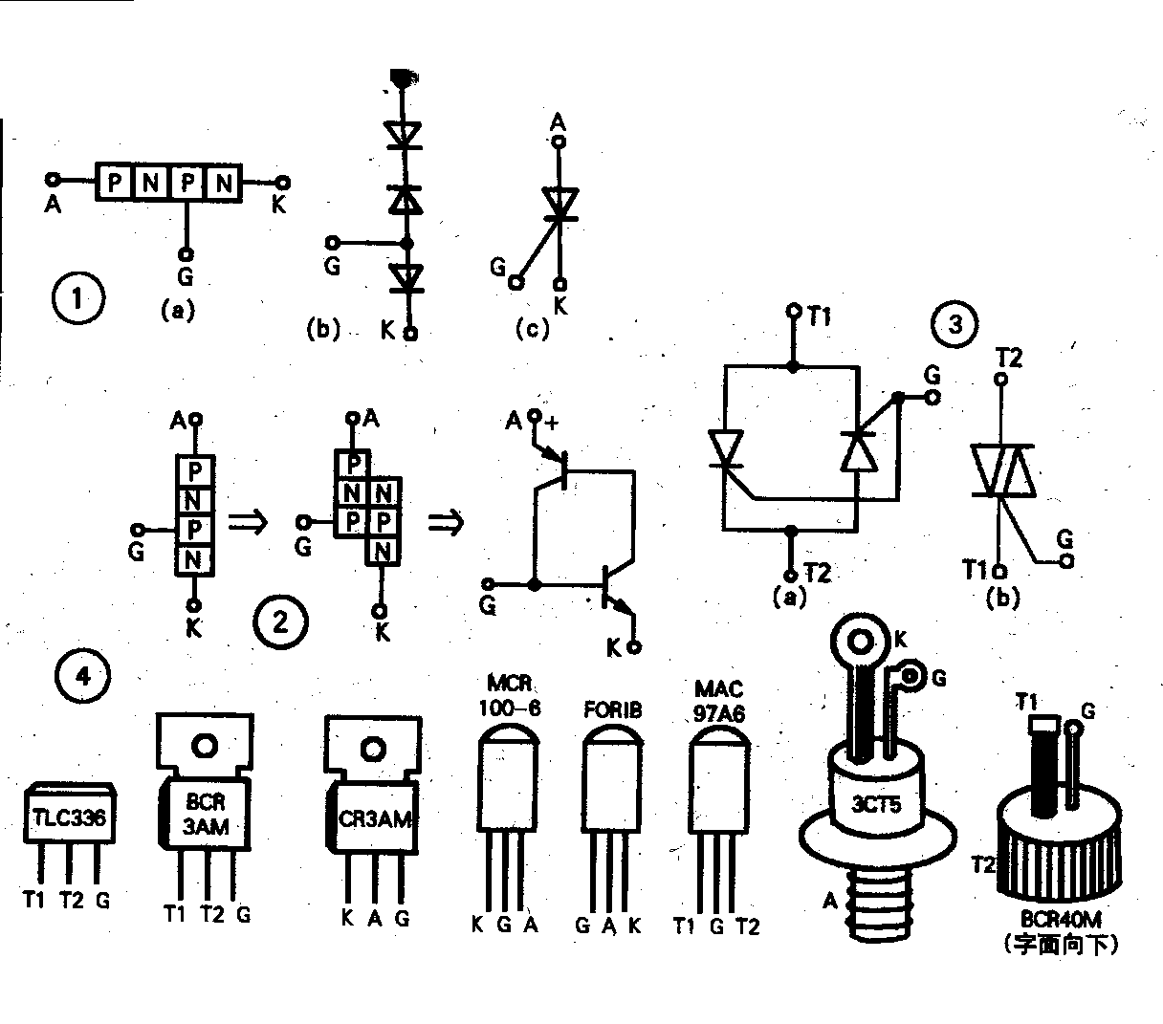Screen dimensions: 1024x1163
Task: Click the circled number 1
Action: [x=76, y=300]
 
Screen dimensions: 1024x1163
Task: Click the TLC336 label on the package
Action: [x=71, y=818]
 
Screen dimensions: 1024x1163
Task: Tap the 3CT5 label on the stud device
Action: [x=877, y=803]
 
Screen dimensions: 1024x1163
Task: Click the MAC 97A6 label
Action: [x=719, y=701]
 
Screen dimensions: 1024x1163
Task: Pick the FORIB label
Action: [x=612, y=710]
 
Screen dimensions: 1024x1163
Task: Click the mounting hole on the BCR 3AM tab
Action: [x=205, y=745]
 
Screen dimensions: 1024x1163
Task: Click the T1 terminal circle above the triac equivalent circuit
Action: [x=792, y=312]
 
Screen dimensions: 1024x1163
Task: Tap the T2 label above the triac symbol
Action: [x=1008, y=358]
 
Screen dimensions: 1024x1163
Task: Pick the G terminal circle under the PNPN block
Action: [x=186, y=256]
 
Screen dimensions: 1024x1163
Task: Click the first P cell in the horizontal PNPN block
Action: [x=114, y=182]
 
